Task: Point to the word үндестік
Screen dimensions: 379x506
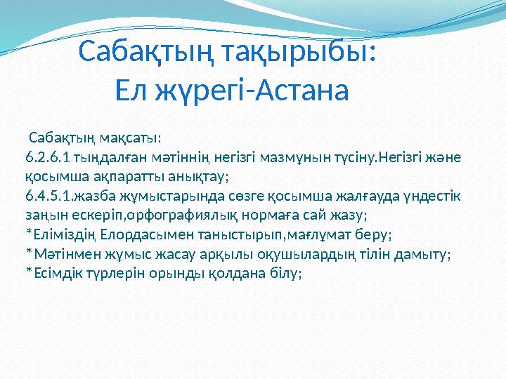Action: (x=435, y=194)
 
